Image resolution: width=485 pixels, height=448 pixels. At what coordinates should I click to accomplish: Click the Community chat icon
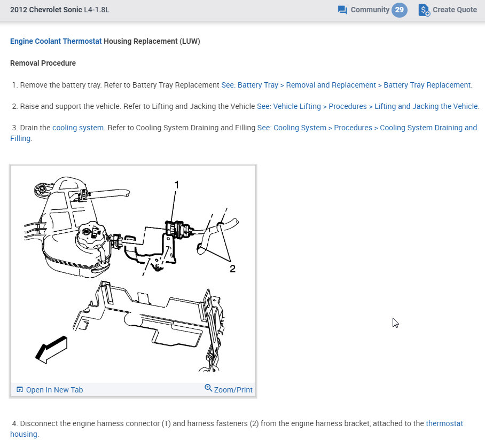pyautogui.click(x=342, y=10)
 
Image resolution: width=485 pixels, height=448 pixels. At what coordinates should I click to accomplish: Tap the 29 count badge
pyautogui.click(x=400, y=10)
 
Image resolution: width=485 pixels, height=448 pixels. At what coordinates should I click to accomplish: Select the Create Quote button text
pyautogui.click(x=455, y=10)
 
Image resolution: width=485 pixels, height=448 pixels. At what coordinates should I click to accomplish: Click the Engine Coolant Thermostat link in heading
pyautogui.click(x=56, y=41)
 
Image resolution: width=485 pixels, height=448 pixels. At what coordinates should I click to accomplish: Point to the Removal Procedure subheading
pyautogui.click(x=43, y=63)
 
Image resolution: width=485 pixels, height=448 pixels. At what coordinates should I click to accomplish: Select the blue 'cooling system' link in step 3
pyautogui.click(x=78, y=128)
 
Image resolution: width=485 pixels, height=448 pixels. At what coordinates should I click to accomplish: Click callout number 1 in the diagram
pyautogui.click(x=177, y=185)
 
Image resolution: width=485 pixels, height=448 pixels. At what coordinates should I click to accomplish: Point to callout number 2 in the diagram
pyautogui.click(x=232, y=269)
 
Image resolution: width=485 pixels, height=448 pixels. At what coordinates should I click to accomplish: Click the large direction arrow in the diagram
pyautogui.click(x=51, y=350)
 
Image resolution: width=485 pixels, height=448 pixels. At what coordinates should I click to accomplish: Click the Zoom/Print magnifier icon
pyautogui.click(x=208, y=388)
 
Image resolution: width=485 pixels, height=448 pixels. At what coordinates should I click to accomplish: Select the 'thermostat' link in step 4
pyautogui.click(x=444, y=423)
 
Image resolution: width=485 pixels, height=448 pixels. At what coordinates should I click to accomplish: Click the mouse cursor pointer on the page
pyautogui.click(x=395, y=323)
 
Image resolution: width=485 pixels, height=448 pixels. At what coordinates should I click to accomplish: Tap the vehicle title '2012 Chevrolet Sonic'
pyautogui.click(x=46, y=10)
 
